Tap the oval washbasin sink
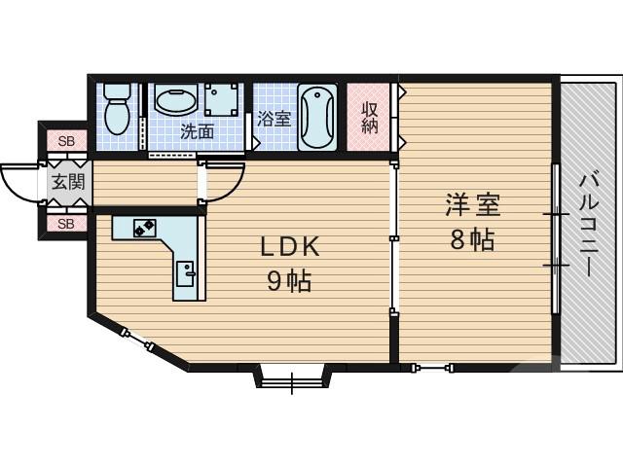(x=175, y=101)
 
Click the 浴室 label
(x=275, y=120)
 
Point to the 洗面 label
(x=197, y=131)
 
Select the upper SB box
(x=65, y=142)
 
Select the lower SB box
(x=65, y=224)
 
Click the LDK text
(x=289, y=247)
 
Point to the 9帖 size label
(x=289, y=281)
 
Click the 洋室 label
(x=473, y=206)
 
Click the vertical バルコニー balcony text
(x=588, y=224)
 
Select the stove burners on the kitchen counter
(x=145, y=228)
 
